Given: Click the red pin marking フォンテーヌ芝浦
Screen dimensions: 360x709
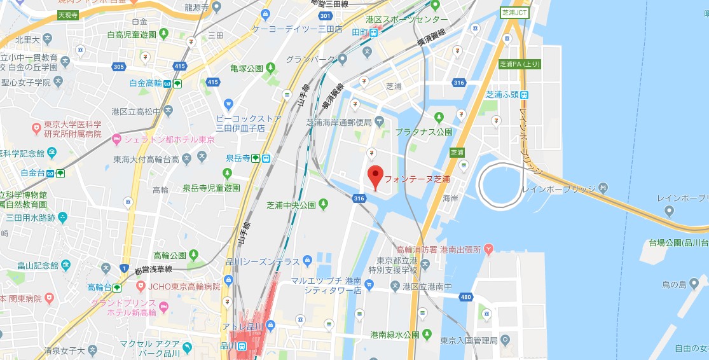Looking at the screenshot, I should click(x=375, y=176).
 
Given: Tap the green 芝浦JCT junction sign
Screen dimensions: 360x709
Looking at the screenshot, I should click(x=515, y=12).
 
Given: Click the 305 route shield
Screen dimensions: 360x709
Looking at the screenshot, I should click(x=118, y=66).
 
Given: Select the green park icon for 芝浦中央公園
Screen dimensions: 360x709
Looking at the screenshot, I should click(x=324, y=204).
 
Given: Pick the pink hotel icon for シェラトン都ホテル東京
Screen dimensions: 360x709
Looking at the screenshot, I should click(x=116, y=139).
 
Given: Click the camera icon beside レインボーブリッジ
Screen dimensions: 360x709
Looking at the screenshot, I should click(x=603, y=188).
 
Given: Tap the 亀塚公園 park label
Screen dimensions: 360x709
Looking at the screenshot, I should click(x=247, y=67).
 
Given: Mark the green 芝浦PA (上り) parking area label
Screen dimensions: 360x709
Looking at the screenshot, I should click(x=520, y=64).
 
